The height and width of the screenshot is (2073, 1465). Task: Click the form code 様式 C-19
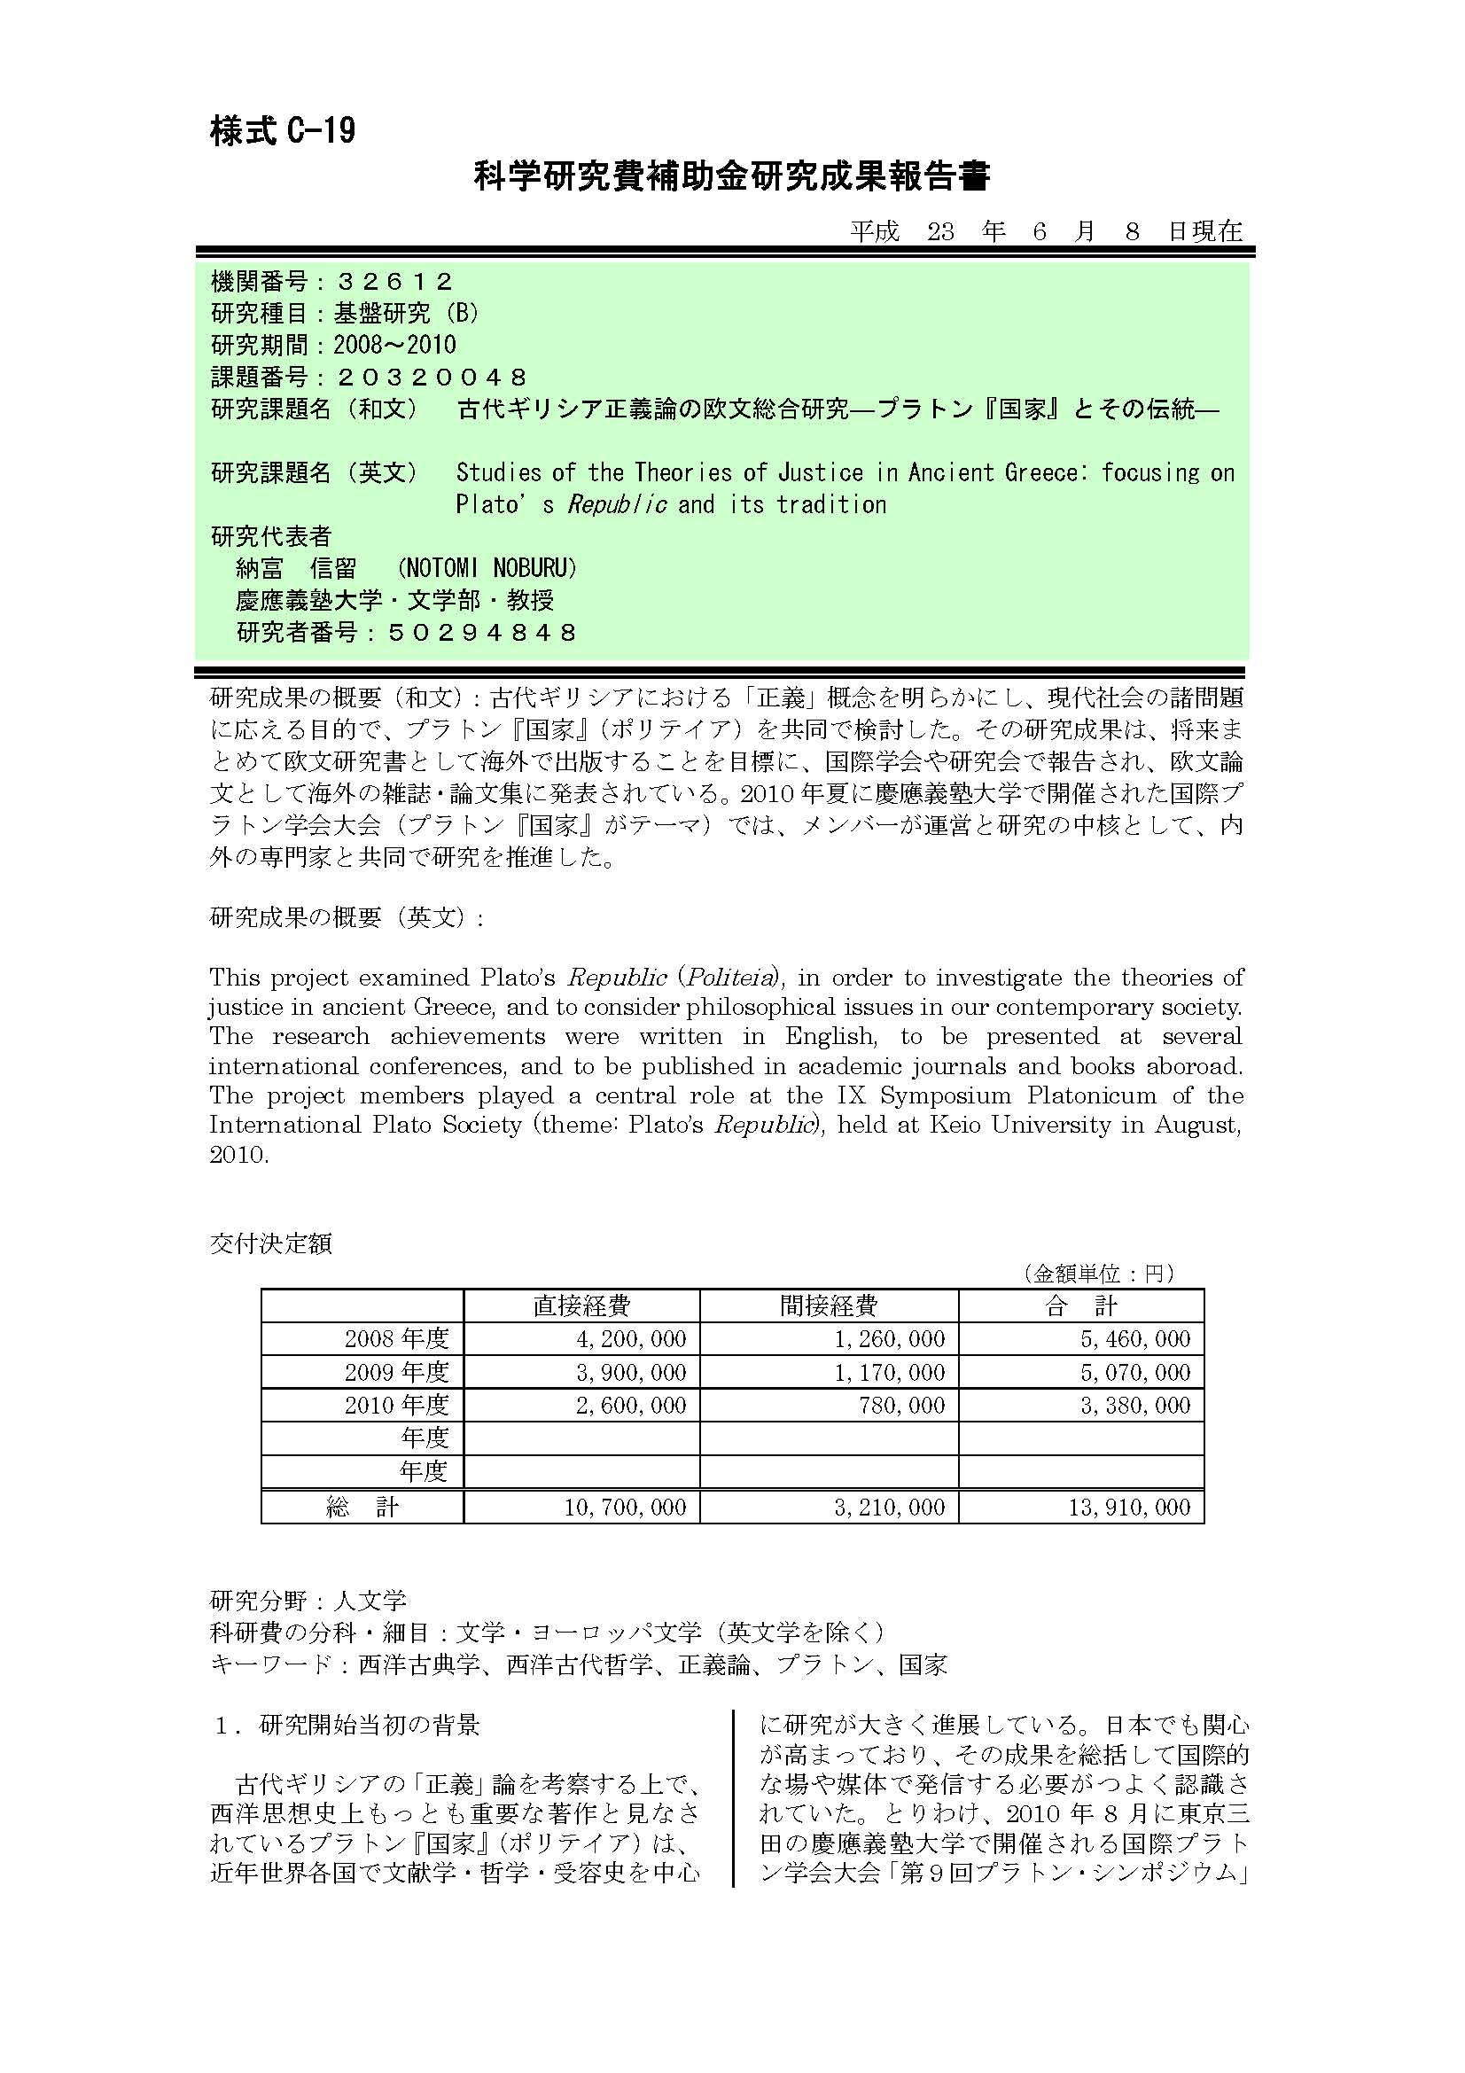click(x=283, y=132)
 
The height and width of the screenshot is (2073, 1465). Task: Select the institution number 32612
click(x=394, y=282)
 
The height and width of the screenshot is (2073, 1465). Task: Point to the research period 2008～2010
click(x=394, y=345)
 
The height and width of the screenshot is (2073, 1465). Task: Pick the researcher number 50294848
click(x=482, y=632)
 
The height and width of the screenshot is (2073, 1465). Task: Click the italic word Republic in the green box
click(x=618, y=504)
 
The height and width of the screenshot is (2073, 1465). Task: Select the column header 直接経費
click(x=581, y=1305)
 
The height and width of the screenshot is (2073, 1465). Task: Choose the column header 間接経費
click(x=829, y=1305)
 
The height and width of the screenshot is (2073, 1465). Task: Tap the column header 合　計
click(x=1080, y=1305)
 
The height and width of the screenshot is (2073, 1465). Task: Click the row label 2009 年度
click(x=396, y=1372)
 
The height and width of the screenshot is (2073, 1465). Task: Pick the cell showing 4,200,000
click(x=631, y=1339)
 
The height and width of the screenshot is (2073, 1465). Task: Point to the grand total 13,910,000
click(x=1129, y=1507)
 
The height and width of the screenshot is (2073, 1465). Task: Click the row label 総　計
click(x=362, y=1507)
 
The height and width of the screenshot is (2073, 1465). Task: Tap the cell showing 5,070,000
click(x=1135, y=1372)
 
